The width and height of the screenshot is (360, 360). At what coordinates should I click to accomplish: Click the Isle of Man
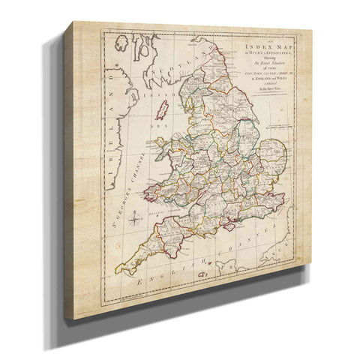(x=163, y=112)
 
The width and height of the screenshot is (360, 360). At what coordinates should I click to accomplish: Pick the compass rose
(x=133, y=220)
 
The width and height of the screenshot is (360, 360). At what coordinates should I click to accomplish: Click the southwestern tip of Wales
(x=149, y=197)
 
